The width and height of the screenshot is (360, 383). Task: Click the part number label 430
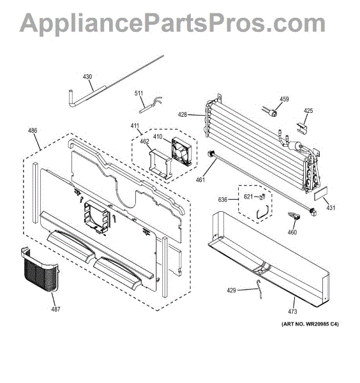87,77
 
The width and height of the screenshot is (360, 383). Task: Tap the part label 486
33,131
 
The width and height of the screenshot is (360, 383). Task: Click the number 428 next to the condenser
183,115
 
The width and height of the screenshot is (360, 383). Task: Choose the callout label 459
284,99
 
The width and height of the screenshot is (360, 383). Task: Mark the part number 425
308,111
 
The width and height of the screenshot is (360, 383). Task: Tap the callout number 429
231,290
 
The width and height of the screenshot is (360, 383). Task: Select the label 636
223,200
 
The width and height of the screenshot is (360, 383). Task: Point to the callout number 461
200,180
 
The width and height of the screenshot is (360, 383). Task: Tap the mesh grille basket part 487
40,271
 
